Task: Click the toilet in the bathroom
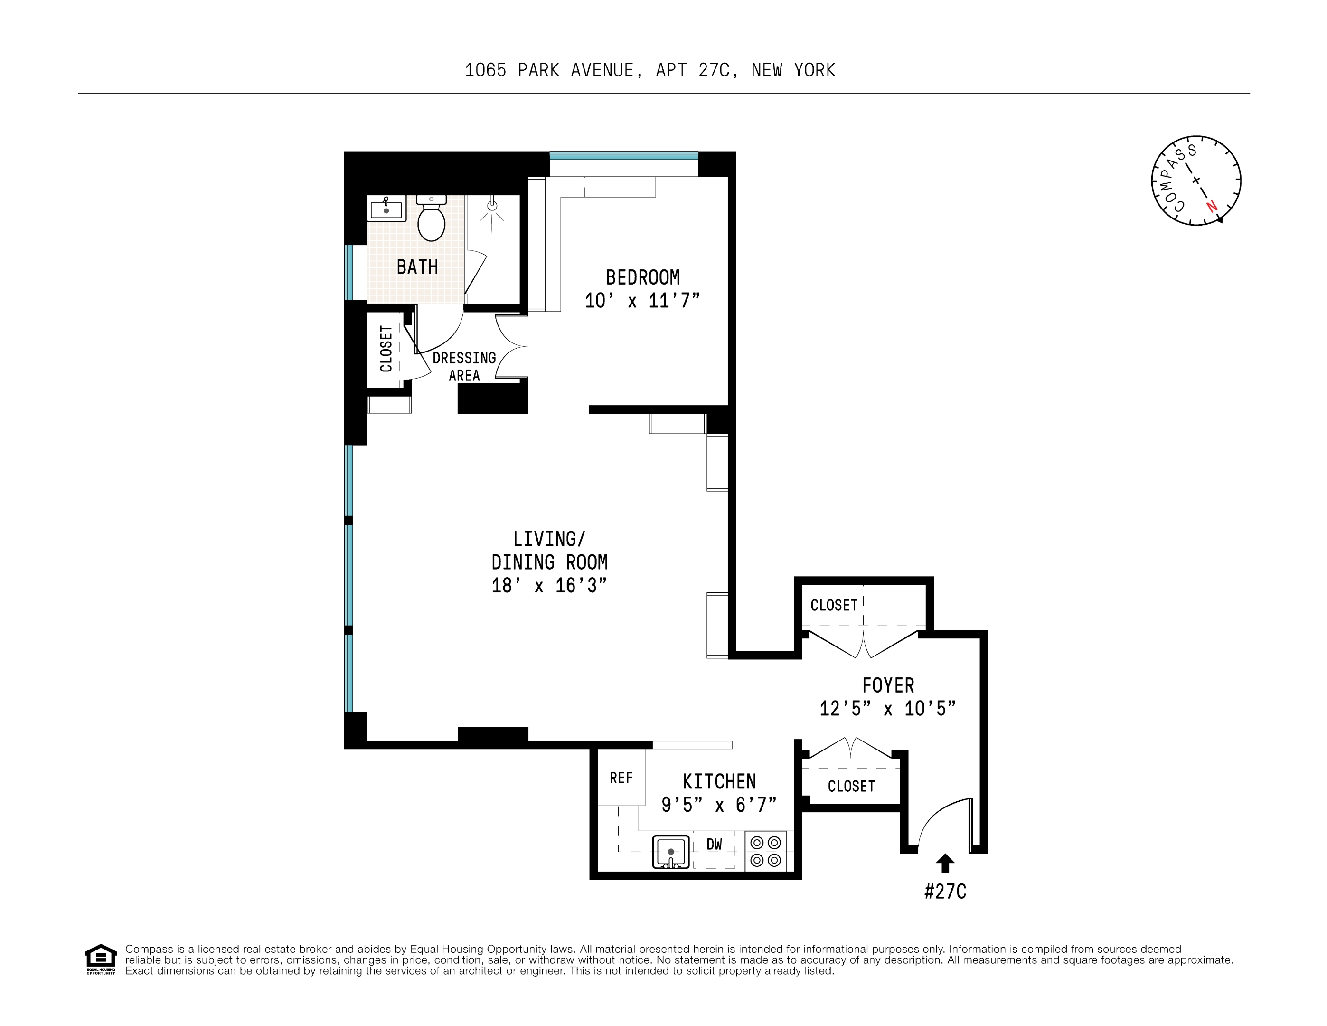(432, 220)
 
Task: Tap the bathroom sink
(386, 209)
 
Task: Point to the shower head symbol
(492, 207)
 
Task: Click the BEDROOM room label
(642, 278)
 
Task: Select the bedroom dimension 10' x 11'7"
(642, 301)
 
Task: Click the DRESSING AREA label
(464, 367)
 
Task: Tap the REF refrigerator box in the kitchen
(621, 778)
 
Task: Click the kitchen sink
(671, 852)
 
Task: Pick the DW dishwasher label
(715, 844)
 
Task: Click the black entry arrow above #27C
(945, 863)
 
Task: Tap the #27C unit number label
(945, 892)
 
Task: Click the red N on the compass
(1212, 206)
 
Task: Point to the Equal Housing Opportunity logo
(100, 959)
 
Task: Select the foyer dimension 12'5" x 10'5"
(888, 709)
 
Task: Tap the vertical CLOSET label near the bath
(386, 349)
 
